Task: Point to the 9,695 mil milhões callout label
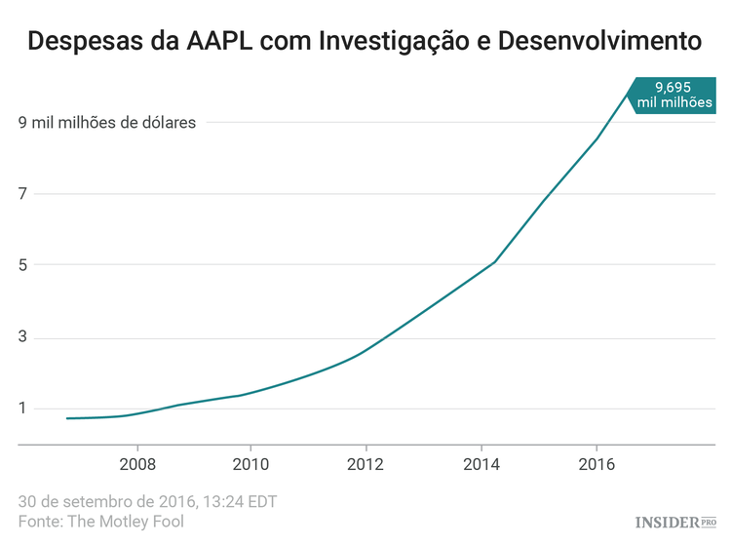point(673,95)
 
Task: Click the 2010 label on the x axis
point(250,463)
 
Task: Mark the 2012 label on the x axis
point(365,463)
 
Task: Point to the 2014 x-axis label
point(480,463)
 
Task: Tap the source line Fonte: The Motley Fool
point(100,522)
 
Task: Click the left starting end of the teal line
point(67,418)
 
